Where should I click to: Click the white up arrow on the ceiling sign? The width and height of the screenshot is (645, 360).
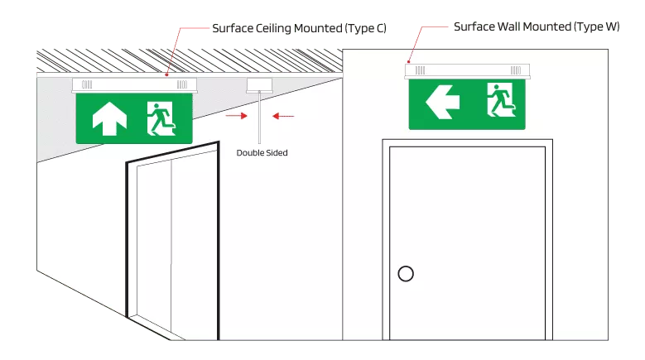point(109,118)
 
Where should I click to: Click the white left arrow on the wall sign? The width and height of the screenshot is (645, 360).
point(442,103)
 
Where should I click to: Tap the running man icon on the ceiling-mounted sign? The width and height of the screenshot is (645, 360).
point(161,119)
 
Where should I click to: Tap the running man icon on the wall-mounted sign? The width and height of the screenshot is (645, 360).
point(502,100)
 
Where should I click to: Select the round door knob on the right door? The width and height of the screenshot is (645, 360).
point(406,274)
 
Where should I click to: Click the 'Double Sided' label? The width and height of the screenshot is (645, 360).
point(262,153)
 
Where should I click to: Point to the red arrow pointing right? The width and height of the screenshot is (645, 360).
point(237,116)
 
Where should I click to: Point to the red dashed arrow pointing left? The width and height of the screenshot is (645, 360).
point(283,117)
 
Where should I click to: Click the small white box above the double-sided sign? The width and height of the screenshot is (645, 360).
point(259,85)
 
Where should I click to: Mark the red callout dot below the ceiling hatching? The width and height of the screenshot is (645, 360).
point(166,74)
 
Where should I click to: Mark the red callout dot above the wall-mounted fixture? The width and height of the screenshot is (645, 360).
point(409,61)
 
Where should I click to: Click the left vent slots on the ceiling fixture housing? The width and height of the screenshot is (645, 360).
point(87,84)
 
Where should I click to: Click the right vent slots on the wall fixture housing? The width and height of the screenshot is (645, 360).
point(516,70)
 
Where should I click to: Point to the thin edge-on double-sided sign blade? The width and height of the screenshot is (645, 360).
point(259,118)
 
